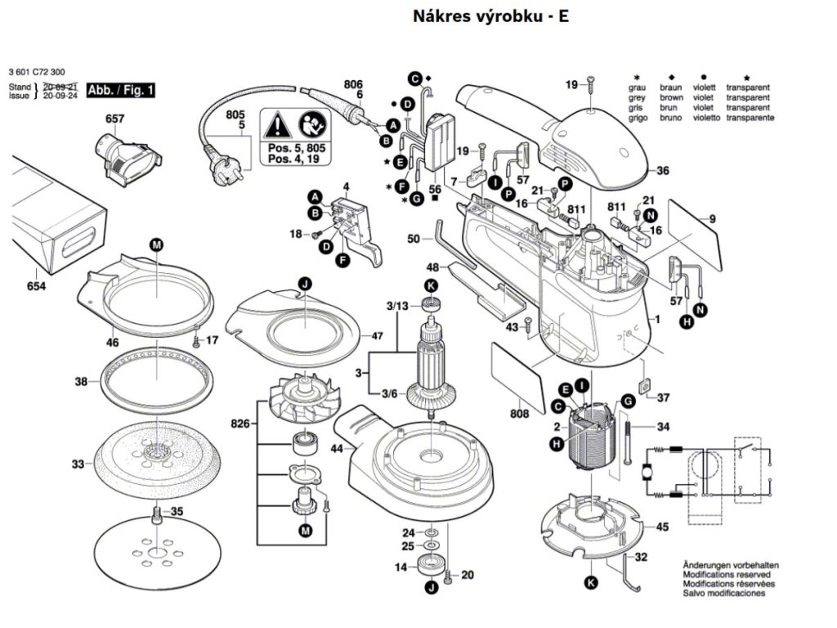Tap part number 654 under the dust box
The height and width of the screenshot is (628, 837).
(x=35, y=286)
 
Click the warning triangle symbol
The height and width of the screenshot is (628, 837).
(x=278, y=126)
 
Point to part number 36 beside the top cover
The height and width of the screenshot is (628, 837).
(x=663, y=171)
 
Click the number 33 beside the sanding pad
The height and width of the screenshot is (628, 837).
(x=78, y=464)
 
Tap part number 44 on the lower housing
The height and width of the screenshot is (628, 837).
(x=337, y=448)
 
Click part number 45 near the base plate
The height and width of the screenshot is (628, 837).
(x=662, y=527)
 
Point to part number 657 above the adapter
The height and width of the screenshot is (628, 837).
(x=115, y=119)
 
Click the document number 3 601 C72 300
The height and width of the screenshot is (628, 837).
(x=38, y=72)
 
